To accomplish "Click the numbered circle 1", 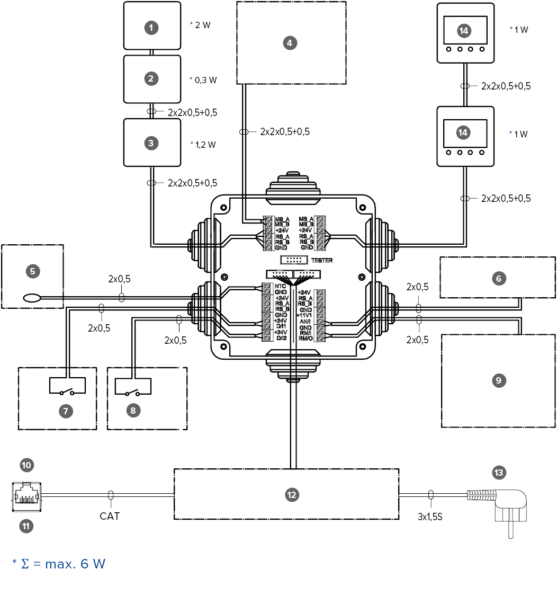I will pos(151,28).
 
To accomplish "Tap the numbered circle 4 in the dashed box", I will pos(289,43).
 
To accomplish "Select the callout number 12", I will pos(291,495).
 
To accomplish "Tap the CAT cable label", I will pos(110,515).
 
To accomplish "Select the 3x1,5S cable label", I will pos(429,515).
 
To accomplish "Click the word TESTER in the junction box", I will pos(322,261).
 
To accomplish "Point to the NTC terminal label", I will pos(281,286).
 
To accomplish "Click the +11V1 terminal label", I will pos(306,315).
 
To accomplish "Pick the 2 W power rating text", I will pos(202,25).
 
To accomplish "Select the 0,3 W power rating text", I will pos(205,80).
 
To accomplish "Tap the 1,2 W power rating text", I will pos(205,144).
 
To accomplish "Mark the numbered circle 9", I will pos(498,380).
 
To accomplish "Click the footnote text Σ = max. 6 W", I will pos(62,564).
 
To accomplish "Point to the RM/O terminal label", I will pos(306,339).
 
